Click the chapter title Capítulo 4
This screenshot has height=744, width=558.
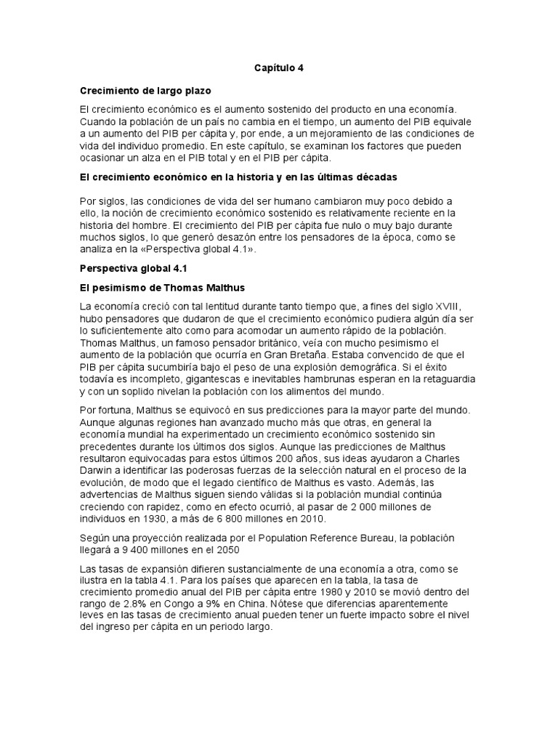[x=278, y=68]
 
